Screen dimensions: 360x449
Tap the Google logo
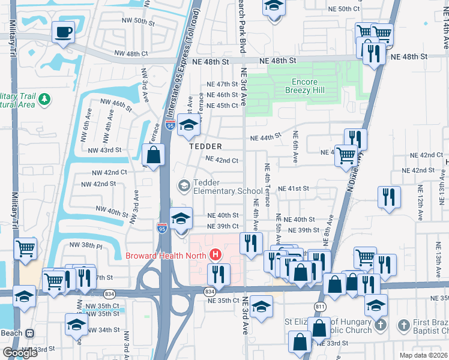20,353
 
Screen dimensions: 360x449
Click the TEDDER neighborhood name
205,146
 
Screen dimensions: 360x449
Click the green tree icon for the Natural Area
43,98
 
